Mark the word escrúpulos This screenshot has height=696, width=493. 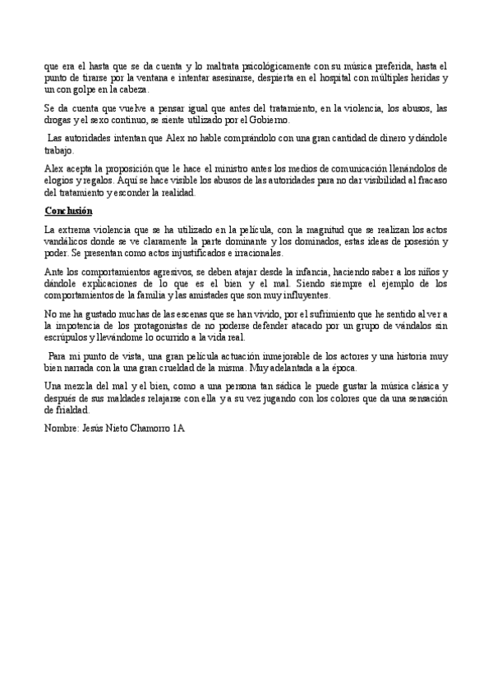[67, 337]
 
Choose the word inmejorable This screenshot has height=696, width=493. [271, 357]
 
